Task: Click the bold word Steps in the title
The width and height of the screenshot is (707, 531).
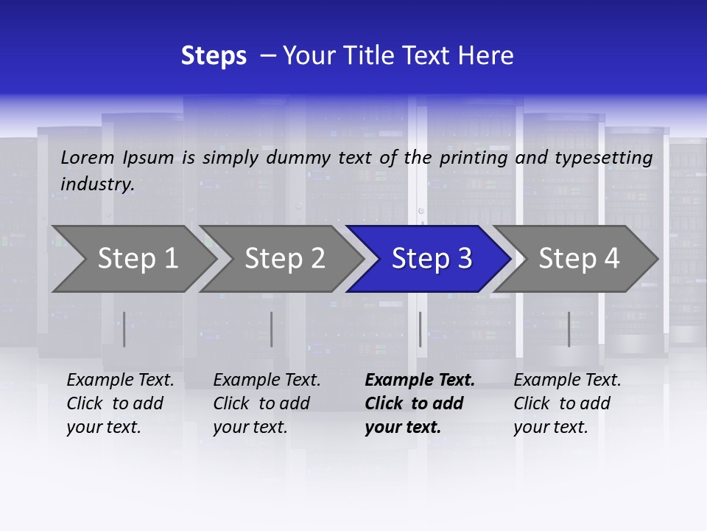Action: [x=214, y=56]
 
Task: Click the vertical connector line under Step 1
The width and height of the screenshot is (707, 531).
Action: [x=124, y=329]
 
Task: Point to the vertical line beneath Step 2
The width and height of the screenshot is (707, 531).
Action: [x=271, y=329]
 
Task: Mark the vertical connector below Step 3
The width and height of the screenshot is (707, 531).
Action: [x=420, y=329]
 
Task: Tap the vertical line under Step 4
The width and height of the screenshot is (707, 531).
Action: [x=569, y=329]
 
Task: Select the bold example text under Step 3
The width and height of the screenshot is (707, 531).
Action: [x=420, y=403]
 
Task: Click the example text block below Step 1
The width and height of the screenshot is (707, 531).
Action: [x=120, y=403]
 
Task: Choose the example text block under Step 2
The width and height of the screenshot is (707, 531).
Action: [x=267, y=403]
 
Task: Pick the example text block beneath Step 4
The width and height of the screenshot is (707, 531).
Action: [x=567, y=403]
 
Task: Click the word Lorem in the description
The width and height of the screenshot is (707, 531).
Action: [x=88, y=157]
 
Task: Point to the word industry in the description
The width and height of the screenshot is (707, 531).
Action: [x=97, y=184]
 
